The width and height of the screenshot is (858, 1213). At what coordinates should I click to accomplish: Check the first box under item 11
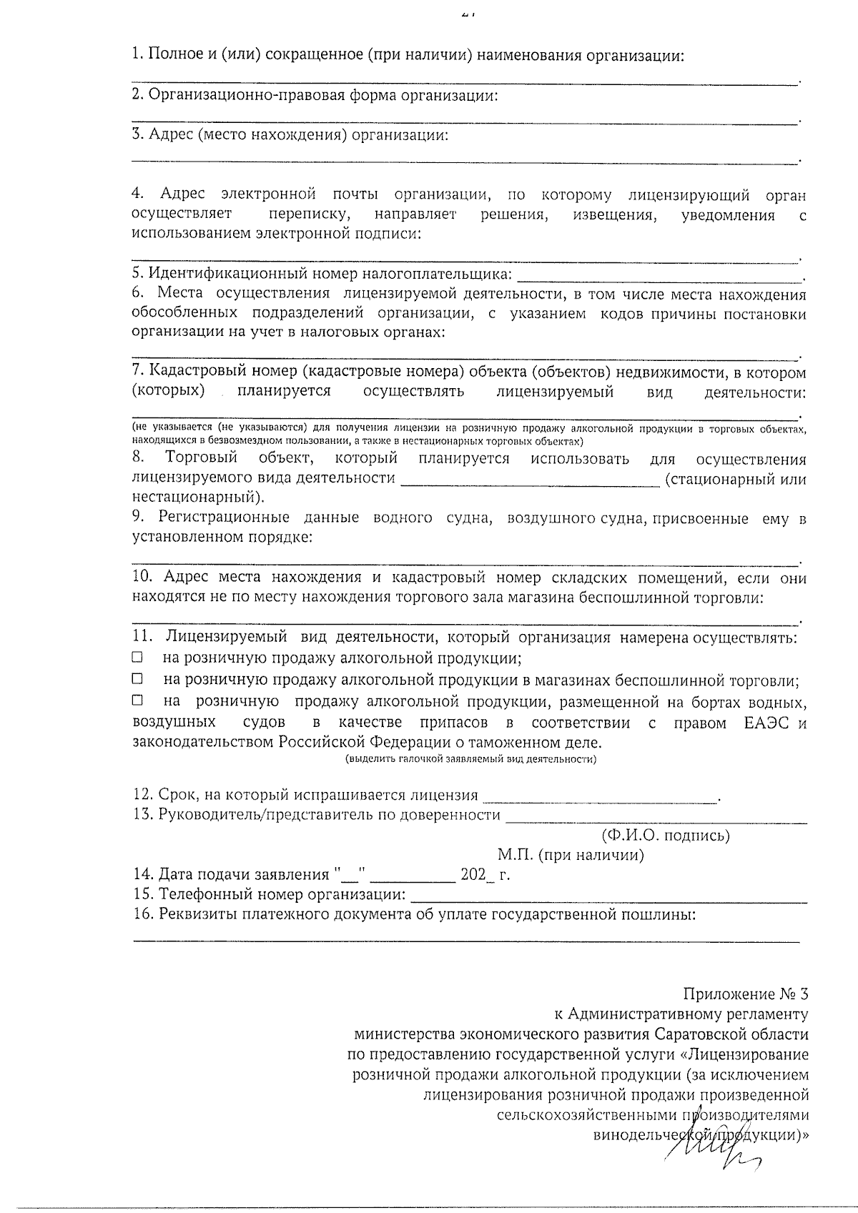137,657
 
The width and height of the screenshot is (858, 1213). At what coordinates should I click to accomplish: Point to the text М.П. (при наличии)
571,855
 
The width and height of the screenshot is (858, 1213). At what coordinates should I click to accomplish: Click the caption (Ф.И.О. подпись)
665,835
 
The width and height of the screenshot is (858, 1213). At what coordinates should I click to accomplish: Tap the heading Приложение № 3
745,994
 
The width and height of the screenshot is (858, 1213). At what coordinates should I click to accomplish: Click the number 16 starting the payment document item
142,914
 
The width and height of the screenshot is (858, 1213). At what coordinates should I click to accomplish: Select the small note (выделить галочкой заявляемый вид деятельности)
470,759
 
